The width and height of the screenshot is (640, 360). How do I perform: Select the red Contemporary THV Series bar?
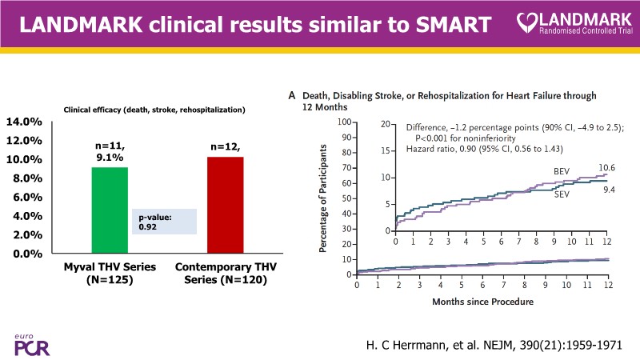tap(225, 205)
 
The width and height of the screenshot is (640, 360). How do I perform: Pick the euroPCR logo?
tap(28, 342)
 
